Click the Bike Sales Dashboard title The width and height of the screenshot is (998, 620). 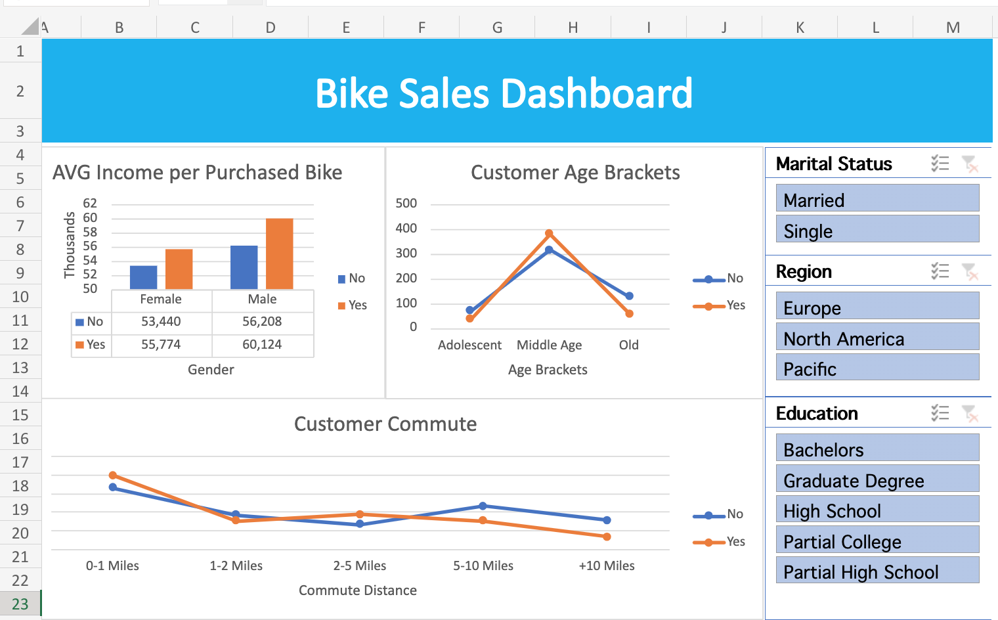click(x=504, y=93)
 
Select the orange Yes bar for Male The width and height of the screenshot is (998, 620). click(x=279, y=254)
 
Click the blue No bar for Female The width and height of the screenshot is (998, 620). click(x=143, y=277)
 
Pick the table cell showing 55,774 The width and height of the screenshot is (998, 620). click(x=161, y=344)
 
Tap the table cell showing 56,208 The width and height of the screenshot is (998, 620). click(x=262, y=321)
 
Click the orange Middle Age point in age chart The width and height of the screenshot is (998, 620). click(x=549, y=233)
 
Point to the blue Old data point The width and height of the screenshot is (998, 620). click(x=629, y=296)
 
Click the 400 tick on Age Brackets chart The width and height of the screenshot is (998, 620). click(x=406, y=228)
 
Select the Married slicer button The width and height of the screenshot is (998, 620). click(x=877, y=199)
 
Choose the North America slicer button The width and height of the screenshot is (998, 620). click(x=877, y=338)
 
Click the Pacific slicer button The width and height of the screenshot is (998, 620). click(x=877, y=368)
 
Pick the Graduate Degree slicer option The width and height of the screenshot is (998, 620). click(x=877, y=479)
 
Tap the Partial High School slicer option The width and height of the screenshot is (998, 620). click(x=877, y=571)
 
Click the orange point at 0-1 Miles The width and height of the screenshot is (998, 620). click(x=113, y=475)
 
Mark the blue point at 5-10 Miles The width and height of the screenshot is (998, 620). click(x=483, y=506)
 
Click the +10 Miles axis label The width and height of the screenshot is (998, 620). click(x=606, y=565)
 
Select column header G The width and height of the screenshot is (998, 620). click(x=497, y=28)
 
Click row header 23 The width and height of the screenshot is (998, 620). click(x=20, y=604)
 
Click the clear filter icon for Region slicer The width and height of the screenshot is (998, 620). click(x=969, y=271)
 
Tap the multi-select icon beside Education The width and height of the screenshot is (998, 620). click(x=940, y=413)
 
